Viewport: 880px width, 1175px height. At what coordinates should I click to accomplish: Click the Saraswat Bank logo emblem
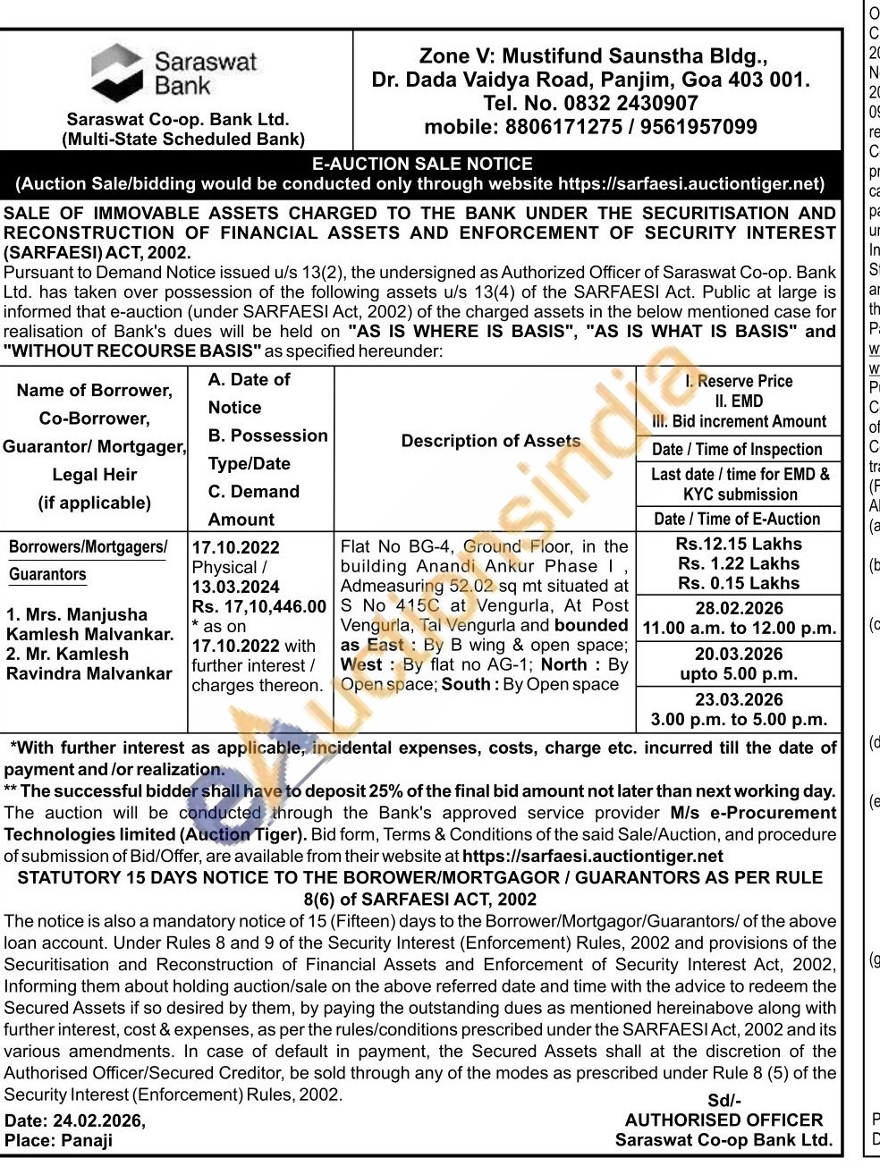pos(116,72)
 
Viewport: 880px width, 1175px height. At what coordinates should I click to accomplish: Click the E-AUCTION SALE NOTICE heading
pos(421,164)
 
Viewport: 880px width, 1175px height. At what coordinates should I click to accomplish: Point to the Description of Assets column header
pos(490,441)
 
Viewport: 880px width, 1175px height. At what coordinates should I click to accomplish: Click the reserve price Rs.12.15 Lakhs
pos(739,544)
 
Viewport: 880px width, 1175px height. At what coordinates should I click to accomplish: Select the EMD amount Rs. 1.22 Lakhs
pos(739,563)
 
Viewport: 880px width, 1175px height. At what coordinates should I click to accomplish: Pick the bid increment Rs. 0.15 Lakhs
pos(739,583)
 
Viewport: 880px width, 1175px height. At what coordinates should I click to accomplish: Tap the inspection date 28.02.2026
pos(739,609)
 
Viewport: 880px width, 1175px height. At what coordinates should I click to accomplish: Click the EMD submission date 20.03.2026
pos(739,654)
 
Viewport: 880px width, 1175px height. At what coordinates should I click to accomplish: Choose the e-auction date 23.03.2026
pos(739,700)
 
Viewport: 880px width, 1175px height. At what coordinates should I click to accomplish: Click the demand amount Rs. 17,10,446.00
pos(259,607)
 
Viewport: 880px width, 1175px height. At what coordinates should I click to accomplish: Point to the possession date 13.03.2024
pos(235,587)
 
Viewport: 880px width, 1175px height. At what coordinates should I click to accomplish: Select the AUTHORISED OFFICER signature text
pos(723,1120)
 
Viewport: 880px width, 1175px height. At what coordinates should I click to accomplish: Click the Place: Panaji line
pos(59,1140)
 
